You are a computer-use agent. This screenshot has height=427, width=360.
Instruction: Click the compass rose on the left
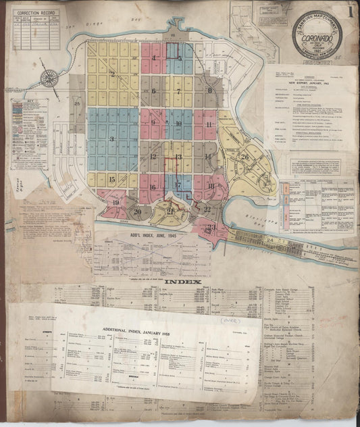point(48,78)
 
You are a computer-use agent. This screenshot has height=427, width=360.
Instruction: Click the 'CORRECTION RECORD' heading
point(35,13)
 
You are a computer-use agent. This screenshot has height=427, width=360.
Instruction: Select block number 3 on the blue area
point(111,139)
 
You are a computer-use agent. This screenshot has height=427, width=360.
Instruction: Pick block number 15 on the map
point(112,180)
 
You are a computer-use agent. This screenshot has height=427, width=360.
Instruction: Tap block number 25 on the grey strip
point(78,103)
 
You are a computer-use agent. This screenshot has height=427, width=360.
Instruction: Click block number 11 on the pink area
point(209,125)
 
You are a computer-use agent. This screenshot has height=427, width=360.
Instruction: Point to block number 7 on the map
point(178,90)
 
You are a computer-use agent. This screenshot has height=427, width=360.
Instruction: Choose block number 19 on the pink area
point(115,202)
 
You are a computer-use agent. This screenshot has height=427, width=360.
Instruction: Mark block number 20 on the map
point(138,211)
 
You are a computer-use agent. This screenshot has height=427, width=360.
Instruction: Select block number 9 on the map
point(154,122)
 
